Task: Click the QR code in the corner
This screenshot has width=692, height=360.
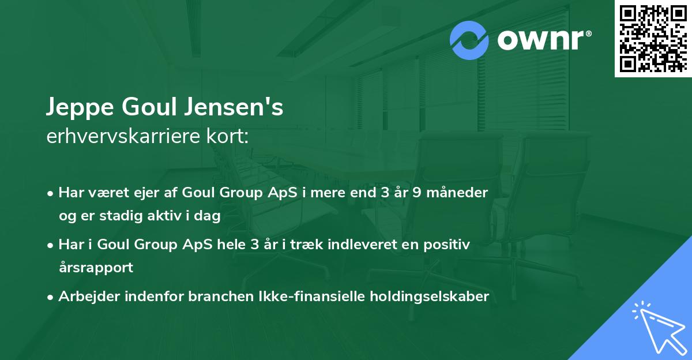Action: [653, 39]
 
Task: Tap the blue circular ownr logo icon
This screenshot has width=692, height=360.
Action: [469, 40]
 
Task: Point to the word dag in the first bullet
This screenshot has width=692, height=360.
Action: [209, 216]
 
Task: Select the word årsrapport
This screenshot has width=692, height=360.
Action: [96, 268]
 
